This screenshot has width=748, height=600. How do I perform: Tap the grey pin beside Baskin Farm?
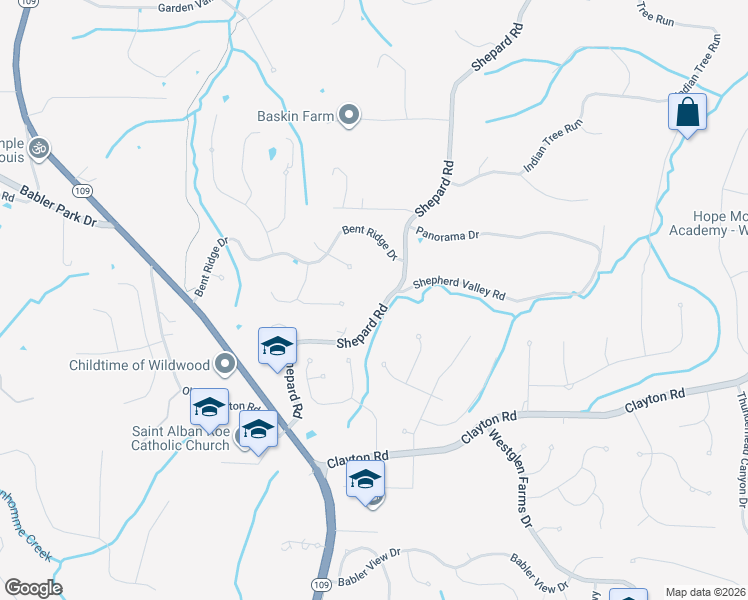point(349,117)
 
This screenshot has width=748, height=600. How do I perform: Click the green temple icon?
point(39,149)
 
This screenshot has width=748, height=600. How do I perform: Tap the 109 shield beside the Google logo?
point(320,584)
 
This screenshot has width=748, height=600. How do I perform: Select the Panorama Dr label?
point(448,235)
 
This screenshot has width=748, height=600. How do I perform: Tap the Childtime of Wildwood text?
point(139,364)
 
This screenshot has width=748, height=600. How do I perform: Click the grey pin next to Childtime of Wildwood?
point(225,364)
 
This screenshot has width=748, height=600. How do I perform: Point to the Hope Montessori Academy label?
point(719,224)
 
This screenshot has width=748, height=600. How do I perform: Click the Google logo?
point(33,587)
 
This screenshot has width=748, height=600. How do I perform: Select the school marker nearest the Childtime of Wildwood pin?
point(277,346)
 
